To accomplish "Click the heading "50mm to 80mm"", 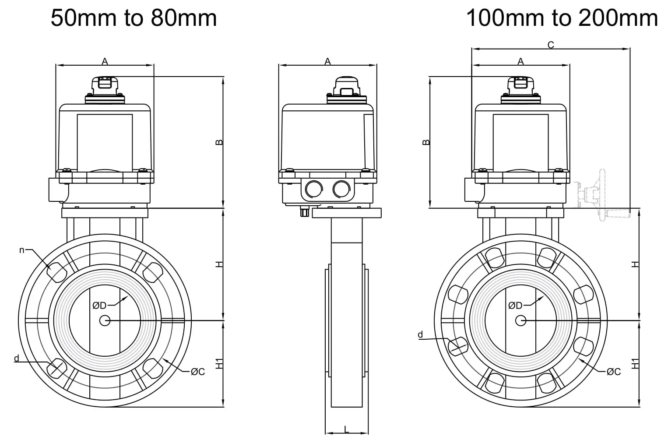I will tap(134, 18).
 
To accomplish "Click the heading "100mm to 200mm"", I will tap(562, 18).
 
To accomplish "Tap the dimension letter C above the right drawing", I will tap(551, 45).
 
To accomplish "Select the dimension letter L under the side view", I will tap(347, 429).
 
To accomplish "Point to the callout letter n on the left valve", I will tap(21, 250).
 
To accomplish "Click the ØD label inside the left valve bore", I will tap(99, 305).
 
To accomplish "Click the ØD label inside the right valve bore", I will tap(515, 305).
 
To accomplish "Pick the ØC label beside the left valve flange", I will tap(198, 372).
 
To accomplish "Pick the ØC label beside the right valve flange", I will tap(614, 372).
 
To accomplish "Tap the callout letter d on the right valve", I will tap(420, 335).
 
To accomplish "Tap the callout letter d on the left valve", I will tap(17, 359).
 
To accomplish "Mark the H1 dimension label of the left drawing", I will tap(220, 363).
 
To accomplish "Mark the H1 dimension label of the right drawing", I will tap(636, 363).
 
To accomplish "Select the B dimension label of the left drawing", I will tap(220, 142).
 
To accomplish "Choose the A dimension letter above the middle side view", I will tap(327, 62).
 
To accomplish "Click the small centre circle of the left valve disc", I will tap(105, 320).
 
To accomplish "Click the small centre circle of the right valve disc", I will tap(520, 320).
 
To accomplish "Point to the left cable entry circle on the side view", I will tap(313, 189).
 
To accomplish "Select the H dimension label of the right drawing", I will tap(636, 264).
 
